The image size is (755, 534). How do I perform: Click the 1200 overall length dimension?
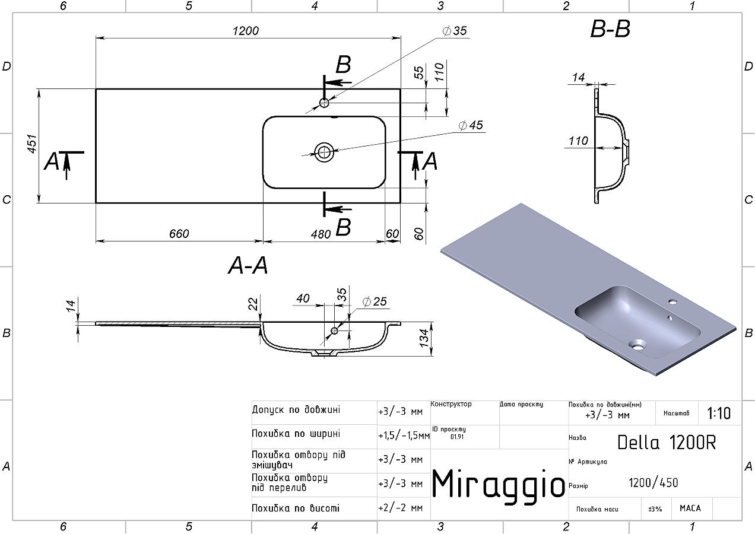point(246,31)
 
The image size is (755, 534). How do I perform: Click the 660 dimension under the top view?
point(179,234)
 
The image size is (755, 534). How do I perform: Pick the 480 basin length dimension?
point(321,234)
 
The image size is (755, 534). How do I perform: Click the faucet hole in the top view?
point(324,103)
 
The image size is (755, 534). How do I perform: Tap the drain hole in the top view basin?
point(324,151)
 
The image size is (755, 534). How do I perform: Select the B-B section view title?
point(610,29)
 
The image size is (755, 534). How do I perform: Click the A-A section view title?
point(248,266)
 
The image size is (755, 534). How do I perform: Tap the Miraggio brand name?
point(498,484)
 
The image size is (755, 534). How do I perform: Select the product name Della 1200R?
point(666,442)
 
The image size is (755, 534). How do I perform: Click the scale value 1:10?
point(719,413)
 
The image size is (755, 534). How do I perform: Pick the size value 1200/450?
point(653,483)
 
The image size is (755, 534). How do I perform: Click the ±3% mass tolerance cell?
point(655,509)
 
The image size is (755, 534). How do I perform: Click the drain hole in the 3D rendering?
point(638,343)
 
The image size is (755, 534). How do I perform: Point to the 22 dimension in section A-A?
point(253,303)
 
